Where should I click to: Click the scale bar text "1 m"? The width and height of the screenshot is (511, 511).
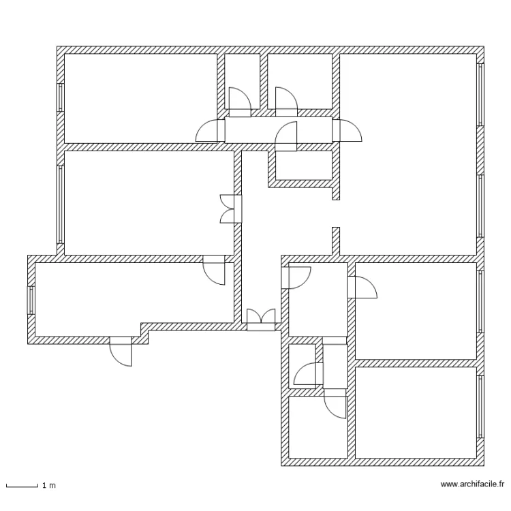click(x=48, y=486)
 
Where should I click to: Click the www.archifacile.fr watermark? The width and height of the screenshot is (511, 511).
click(x=473, y=485)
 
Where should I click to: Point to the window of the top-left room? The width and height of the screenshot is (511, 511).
click(x=60, y=97)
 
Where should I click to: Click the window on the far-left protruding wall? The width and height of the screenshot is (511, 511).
click(x=31, y=300)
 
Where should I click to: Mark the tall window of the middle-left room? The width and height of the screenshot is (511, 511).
click(x=60, y=204)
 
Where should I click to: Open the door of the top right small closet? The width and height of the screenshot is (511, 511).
click(x=285, y=101)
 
